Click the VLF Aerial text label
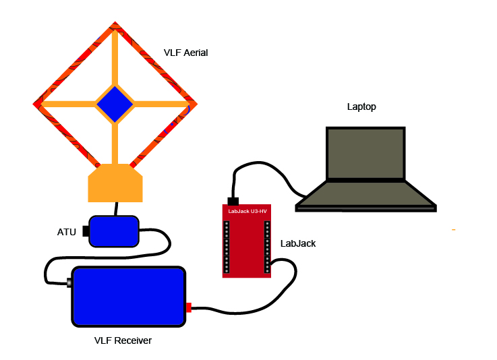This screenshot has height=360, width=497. click(185, 53)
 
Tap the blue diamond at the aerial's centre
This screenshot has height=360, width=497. click(115, 104)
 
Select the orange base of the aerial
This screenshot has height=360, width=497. click(115, 183)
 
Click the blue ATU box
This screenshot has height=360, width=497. click(114, 231)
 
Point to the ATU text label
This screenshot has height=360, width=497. click(67, 232)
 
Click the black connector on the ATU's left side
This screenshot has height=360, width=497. click(86, 231)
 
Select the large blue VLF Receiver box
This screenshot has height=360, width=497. click(128, 297)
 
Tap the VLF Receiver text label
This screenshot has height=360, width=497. click(123, 340)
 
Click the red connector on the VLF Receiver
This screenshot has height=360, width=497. click(189, 308)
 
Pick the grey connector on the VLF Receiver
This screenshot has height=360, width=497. click(69, 283)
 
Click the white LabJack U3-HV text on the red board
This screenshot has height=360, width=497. click(247, 212)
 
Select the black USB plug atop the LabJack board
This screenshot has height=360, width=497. click(234, 201)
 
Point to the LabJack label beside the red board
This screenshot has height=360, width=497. click(298, 243)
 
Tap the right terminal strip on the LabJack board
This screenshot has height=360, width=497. click(266, 246)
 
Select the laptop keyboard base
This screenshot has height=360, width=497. click(366, 195)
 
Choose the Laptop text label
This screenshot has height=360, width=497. click(361, 107)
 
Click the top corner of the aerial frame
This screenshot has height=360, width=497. click(115, 25)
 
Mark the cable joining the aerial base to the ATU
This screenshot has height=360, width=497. click(116, 208)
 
